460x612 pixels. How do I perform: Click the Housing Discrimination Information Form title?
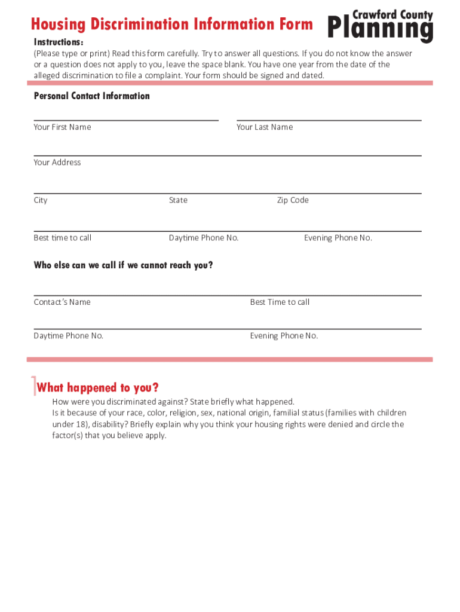pos(172,25)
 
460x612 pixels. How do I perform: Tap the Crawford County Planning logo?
pos(381,26)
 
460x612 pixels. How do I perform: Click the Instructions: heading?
pos(59,42)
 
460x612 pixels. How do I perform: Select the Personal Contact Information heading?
pos(92,96)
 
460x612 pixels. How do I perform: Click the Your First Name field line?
pos(126,120)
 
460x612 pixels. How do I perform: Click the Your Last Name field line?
pos(329,120)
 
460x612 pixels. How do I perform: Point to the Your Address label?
pos(57,163)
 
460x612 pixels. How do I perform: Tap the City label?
pos(41,200)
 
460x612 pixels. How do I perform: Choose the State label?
pos(178,200)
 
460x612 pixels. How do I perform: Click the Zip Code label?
pos(293,200)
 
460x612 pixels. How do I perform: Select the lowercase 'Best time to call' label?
pos(63,238)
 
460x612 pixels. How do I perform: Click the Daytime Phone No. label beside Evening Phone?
pos(204,238)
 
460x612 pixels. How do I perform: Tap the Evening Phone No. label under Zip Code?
pos(338,238)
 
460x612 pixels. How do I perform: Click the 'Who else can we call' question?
pos(123,265)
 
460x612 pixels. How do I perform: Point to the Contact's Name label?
pos(62,302)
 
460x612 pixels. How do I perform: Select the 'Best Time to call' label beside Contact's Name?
pos(280,302)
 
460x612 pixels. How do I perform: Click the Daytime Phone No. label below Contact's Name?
pos(69,336)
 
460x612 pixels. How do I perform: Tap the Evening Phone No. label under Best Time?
pos(284,336)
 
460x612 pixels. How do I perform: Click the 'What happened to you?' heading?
pos(98,388)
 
